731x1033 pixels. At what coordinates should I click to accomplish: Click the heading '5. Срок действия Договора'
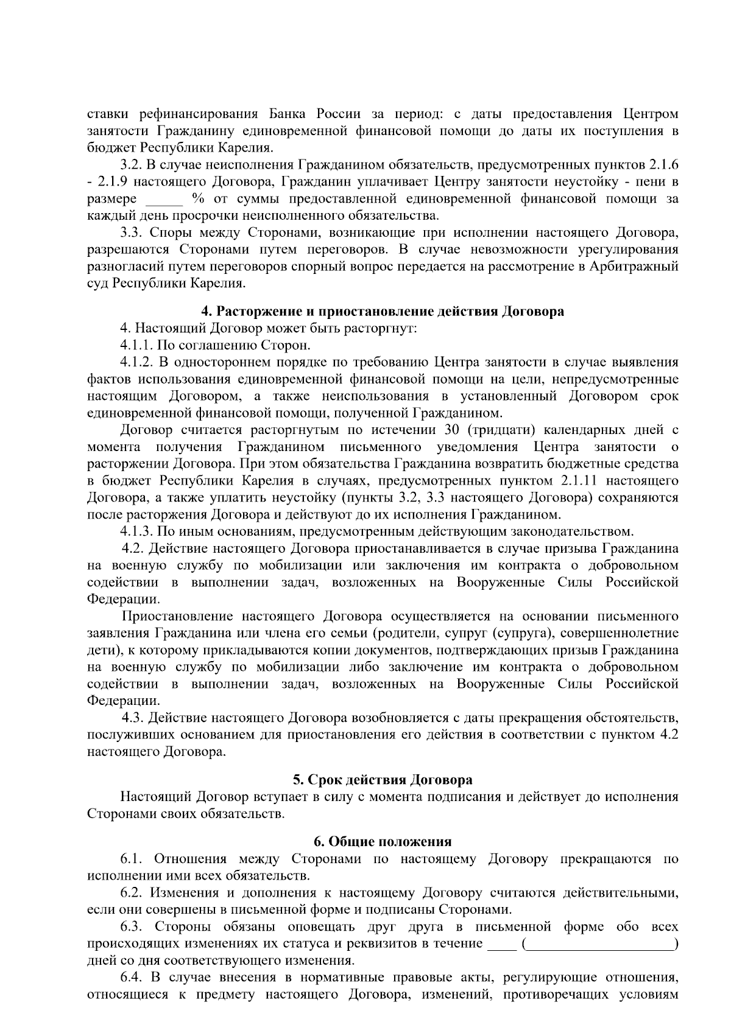click(383, 780)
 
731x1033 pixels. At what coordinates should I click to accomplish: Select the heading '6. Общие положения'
click(383, 842)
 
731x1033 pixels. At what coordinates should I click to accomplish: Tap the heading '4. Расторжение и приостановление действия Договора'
click(383, 312)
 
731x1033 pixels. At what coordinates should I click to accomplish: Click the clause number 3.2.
click(131, 165)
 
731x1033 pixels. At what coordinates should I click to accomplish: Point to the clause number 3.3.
click(131, 233)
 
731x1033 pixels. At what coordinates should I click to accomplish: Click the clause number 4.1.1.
click(135, 346)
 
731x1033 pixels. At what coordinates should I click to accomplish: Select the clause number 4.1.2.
click(135, 363)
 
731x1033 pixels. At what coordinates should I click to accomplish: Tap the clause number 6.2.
click(131, 893)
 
